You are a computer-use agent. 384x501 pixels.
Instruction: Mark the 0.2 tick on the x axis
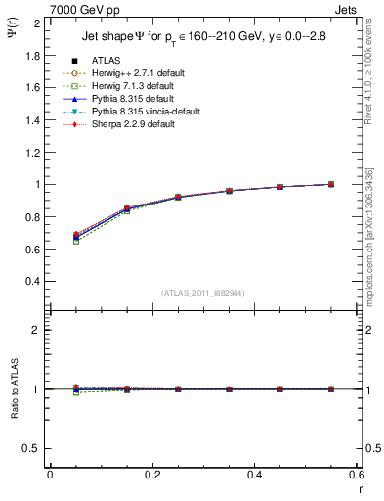point(151,475)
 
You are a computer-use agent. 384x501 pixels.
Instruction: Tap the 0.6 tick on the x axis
point(356,475)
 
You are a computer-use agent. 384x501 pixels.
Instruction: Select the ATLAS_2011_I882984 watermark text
point(203,293)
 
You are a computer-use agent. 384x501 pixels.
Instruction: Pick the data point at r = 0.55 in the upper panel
point(330,184)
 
